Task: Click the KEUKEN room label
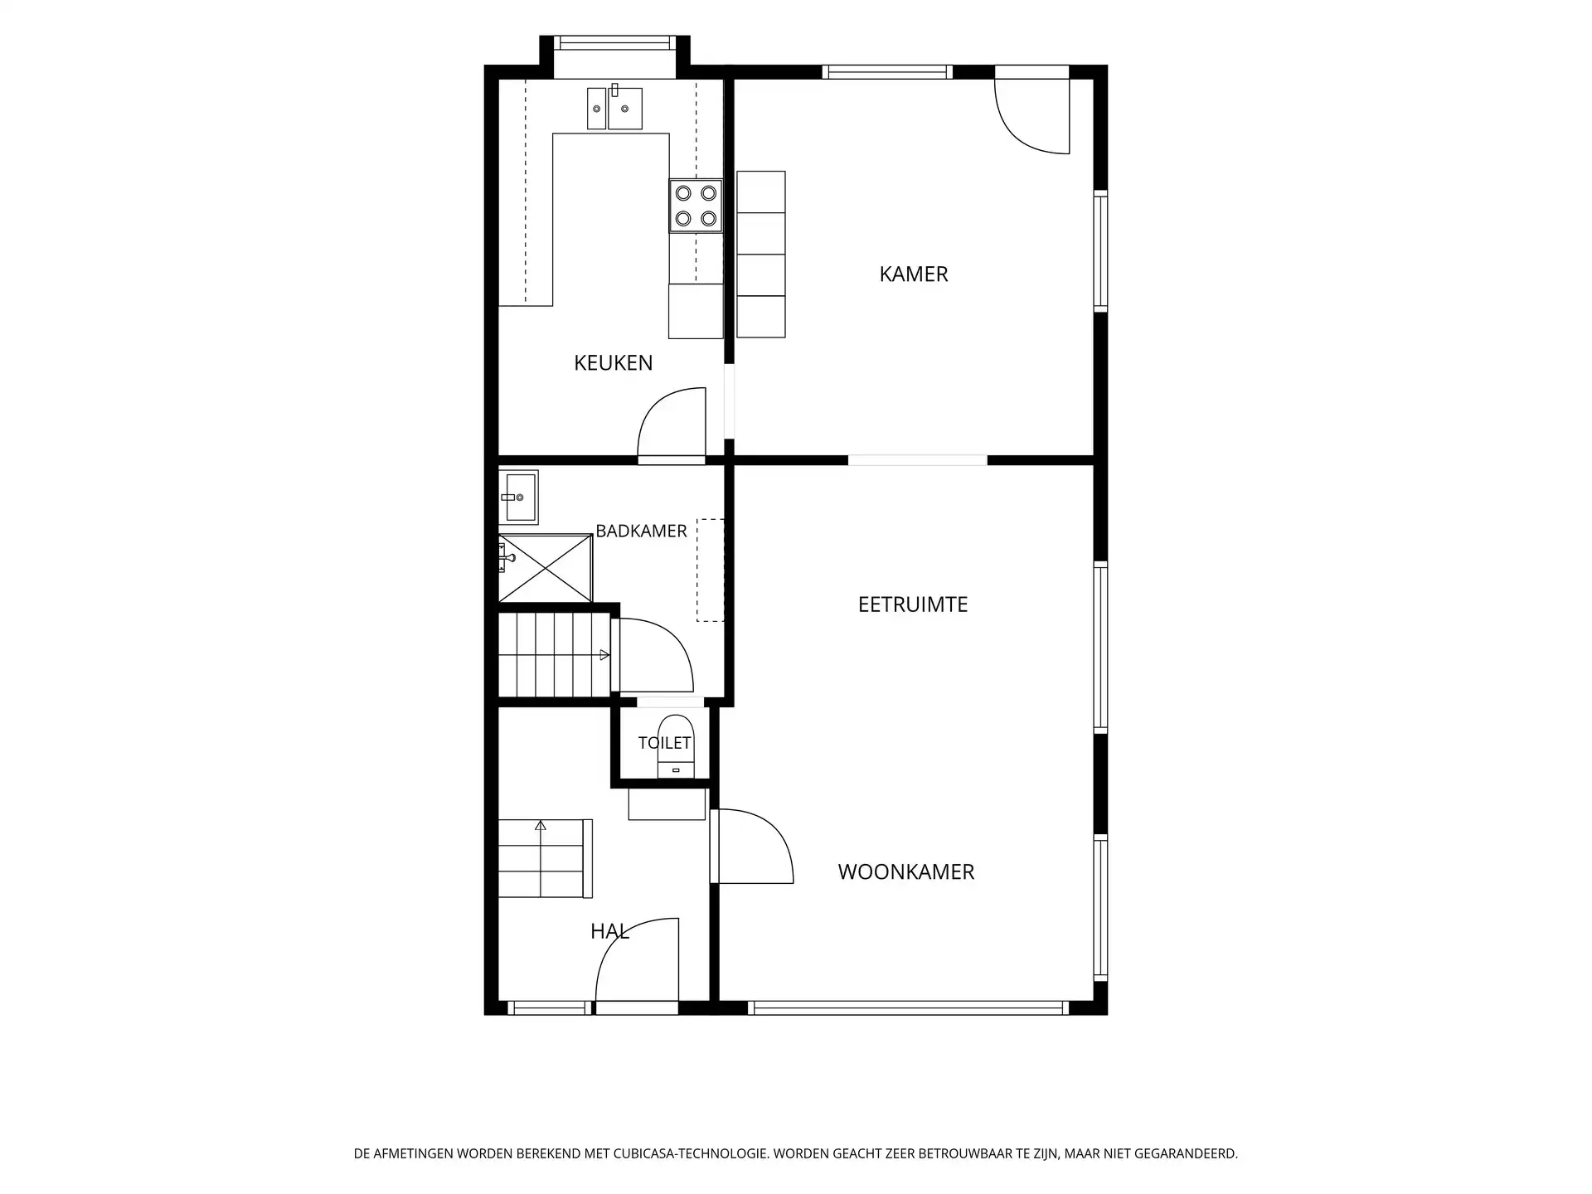point(613,362)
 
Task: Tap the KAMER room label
point(913,274)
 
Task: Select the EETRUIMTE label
point(913,604)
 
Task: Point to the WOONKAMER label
point(905,871)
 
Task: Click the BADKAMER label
point(641,531)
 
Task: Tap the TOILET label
point(664,743)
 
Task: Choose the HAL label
point(609,931)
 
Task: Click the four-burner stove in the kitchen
point(696,206)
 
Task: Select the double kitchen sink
point(614,108)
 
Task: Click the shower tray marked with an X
point(546,569)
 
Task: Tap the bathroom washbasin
point(518,498)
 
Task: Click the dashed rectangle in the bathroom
point(710,570)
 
